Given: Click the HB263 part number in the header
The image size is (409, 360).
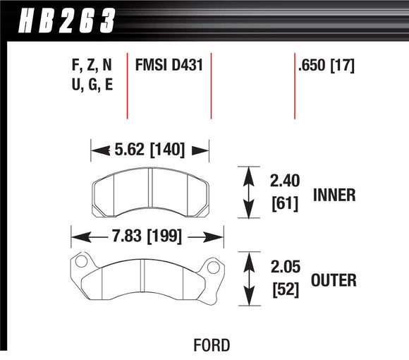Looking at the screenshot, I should pyautogui.click(x=61, y=19).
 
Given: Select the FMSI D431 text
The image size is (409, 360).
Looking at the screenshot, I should pyautogui.click(x=169, y=67).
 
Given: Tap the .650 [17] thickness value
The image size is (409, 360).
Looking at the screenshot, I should pyautogui.click(x=326, y=67).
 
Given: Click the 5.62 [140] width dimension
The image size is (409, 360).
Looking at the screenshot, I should pyautogui.click(x=149, y=149).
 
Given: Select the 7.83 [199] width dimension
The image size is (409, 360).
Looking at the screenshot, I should pyautogui.click(x=147, y=236).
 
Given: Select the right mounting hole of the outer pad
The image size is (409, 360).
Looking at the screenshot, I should pyautogui.click(x=210, y=267).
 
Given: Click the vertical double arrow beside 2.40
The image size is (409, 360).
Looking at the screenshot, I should pyautogui.click(x=248, y=193).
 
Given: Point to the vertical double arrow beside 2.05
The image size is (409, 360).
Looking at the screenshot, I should pyautogui.click(x=248, y=280).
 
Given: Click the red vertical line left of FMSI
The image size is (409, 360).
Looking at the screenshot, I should pyautogui.click(x=127, y=85).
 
